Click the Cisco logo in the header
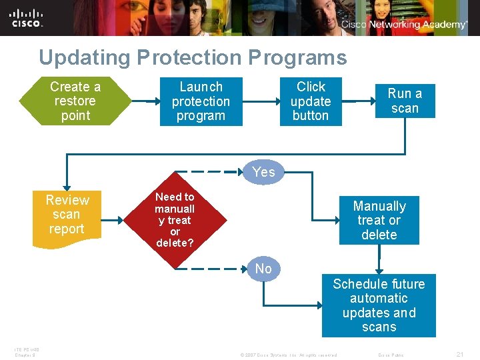27,18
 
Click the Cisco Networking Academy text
404,25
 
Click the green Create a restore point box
75,101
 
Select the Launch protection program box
201,101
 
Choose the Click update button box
311,101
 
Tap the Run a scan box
405,101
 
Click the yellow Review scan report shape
67,215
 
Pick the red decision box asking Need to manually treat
175,219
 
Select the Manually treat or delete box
379,221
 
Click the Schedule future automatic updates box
379,305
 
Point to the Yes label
264,172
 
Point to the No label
264,269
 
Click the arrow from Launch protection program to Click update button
261,102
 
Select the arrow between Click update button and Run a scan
358,102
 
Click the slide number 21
460,355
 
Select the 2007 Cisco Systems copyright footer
288,355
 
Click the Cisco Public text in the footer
391,355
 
